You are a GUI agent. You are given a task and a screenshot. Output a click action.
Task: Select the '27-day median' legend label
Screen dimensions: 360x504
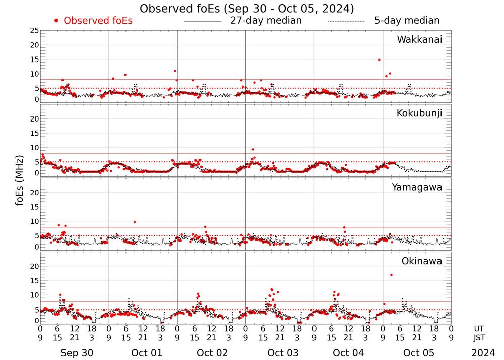(x=266, y=21)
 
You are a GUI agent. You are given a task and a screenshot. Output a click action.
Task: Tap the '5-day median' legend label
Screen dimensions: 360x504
(x=407, y=21)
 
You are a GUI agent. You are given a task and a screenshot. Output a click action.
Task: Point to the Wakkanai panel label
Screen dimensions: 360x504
(x=419, y=40)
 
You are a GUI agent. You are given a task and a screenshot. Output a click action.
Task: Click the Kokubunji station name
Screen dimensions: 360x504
(x=419, y=113)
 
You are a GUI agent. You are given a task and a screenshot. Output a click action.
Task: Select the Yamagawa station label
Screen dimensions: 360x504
(x=417, y=187)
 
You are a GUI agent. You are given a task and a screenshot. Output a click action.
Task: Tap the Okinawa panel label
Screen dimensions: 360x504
(x=422, y=261)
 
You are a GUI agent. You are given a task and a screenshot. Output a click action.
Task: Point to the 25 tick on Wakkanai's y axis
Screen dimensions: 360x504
(x=34, y=31)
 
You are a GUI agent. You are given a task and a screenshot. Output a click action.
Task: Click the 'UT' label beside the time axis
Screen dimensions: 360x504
(x=479, y=328)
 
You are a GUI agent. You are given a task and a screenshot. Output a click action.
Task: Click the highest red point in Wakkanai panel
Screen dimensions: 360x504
(x=379, y=60)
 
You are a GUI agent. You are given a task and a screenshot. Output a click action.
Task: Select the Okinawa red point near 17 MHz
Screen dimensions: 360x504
(x=391, y=275)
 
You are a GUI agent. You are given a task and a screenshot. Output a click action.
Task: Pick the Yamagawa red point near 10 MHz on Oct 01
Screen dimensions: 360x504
(x=135, y=222)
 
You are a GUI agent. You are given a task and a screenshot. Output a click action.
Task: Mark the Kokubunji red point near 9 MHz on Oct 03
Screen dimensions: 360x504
(x=253, y=149)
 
